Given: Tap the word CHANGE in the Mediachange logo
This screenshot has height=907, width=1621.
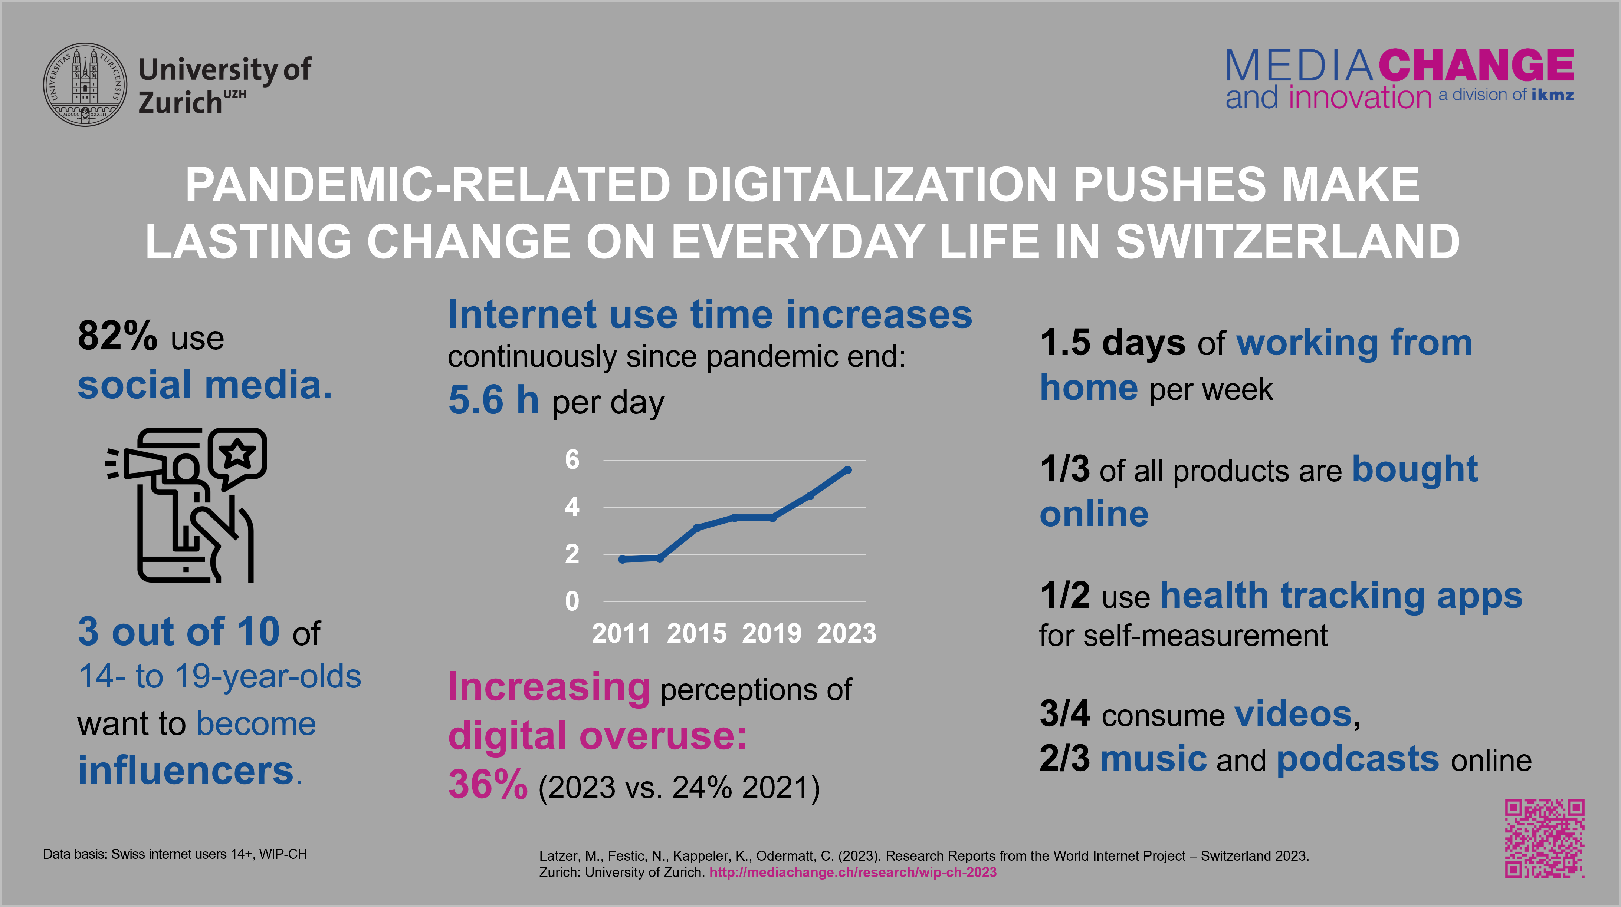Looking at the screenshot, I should click(x=1476, y=65).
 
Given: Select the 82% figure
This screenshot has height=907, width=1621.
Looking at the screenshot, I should click(x=117, y=336).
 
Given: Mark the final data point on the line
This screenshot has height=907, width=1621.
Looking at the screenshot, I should click(x=848, y=470).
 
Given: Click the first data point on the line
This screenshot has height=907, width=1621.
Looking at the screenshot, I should click(x=622, y=559).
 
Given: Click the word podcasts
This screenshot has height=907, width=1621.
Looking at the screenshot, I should click(x=1357, y=759).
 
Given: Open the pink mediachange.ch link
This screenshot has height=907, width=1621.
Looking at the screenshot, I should click(x=853, y=873).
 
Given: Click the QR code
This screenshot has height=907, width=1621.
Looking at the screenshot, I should click(x=1544, y=838).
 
